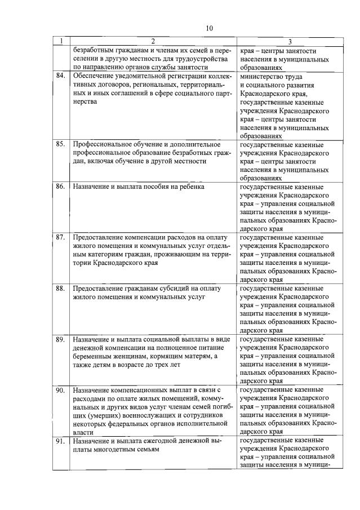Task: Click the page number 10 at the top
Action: [x=210, y=28]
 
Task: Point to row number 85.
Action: [x=61, y=144]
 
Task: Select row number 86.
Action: [x=61, y=187]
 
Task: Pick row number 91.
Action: [x=61, y=441]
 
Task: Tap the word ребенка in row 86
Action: [x=189, y=186]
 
